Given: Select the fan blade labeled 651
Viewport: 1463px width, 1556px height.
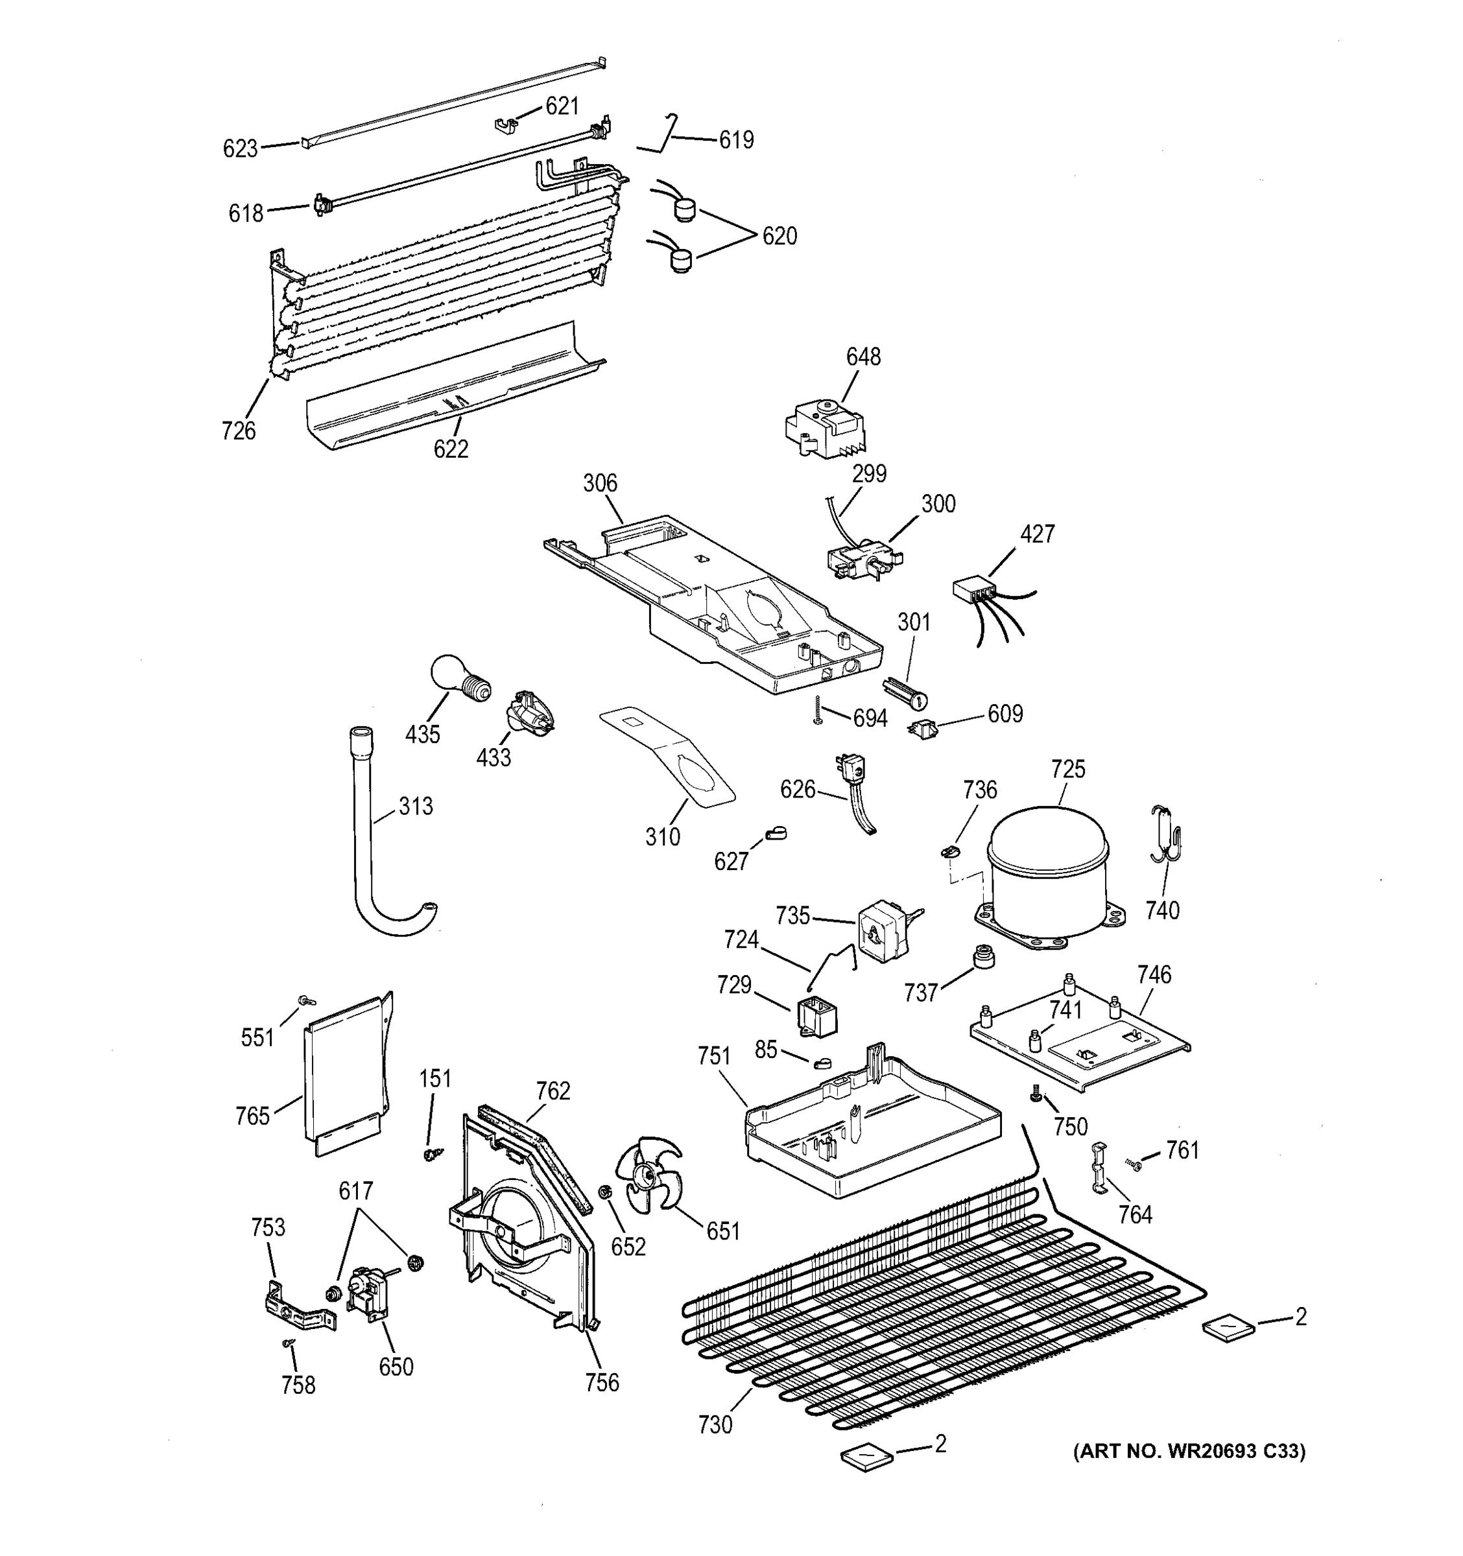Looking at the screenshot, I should coord(647,1175).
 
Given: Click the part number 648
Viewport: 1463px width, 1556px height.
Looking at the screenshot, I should coord(862,357).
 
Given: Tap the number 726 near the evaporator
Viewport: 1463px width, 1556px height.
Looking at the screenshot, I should coord(238,430).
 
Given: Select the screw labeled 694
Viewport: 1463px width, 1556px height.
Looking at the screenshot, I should coord(817,710).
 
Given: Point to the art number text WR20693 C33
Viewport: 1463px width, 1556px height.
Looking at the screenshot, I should coord(1189,1451).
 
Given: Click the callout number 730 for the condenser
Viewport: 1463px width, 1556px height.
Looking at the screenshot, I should coord(714,1424).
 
